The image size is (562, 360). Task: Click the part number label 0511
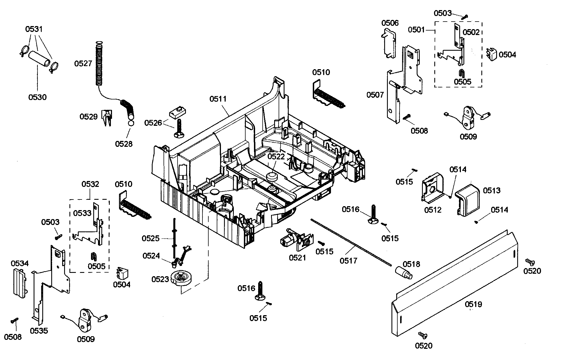tap(218, 99)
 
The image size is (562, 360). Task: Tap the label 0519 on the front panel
tap(474, 304)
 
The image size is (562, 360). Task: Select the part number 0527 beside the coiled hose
tap(83, 64)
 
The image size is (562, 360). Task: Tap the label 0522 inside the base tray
tap(276, 156)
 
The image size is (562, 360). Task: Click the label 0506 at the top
tap(390, 23)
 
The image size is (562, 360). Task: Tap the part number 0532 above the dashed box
tap(90, 184)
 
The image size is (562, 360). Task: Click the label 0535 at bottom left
tap(39, 331)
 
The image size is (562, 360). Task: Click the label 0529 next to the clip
tap(88, 117)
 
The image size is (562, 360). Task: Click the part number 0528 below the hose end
tap(124, 144)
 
